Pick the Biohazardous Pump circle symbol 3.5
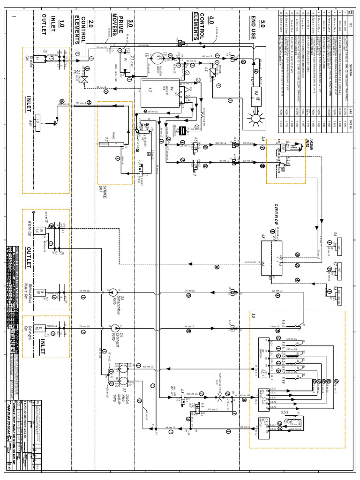[x=113, y=294]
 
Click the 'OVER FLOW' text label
[x=277, y=216]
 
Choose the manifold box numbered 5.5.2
[x=263, y=398]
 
